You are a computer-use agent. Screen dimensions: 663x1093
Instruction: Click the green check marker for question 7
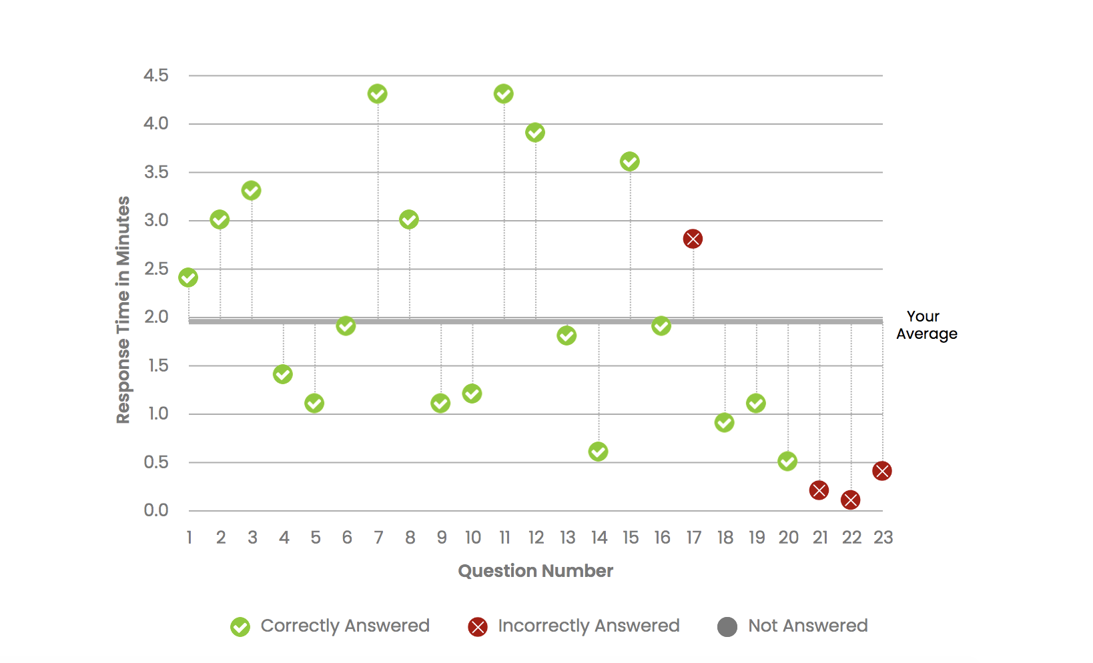(377, 94)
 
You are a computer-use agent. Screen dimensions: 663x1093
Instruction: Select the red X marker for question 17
(693, 239)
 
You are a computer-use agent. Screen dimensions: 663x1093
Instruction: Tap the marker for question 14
(598, 452)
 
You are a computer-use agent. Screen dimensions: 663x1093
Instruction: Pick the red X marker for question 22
(850, 500)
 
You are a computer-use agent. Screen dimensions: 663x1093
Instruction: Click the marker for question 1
(188, 277)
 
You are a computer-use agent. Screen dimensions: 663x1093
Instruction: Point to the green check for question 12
(534, 133)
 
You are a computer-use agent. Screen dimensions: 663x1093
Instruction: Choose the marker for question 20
(787, 461)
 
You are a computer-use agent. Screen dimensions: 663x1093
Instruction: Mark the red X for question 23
(881, 471)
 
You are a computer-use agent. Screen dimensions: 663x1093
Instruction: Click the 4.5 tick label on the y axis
(156, 75)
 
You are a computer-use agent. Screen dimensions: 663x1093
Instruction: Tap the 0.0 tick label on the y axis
(156, 510)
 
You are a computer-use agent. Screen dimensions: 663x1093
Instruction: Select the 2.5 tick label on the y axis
(156, 269)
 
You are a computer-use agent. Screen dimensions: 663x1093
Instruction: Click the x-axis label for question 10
(472, 538)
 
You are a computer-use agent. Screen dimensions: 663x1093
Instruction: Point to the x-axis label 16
(662, 538)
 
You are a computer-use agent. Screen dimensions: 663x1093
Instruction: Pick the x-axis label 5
(316, 538)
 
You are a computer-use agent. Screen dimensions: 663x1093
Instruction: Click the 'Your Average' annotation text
(926, 325)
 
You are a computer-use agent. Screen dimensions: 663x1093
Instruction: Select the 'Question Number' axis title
(535, 571)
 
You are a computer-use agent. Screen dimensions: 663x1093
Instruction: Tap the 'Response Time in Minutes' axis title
(123, 309)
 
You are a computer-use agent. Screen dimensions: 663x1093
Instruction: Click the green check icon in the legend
(240, 627)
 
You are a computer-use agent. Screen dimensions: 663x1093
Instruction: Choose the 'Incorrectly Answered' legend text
(589, 626)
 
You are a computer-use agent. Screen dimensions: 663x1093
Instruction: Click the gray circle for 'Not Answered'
(727, 627)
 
